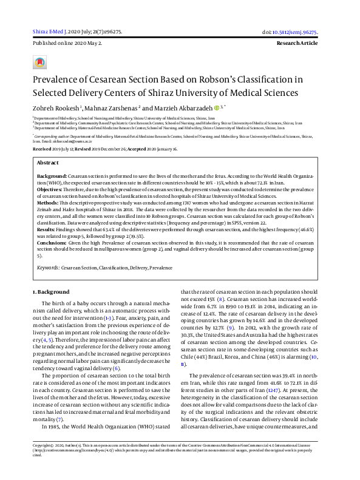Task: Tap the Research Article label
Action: (x=296, y=44)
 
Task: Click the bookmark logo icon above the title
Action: (x=39, y=63)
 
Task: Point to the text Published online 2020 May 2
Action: (x=67, y=44)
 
